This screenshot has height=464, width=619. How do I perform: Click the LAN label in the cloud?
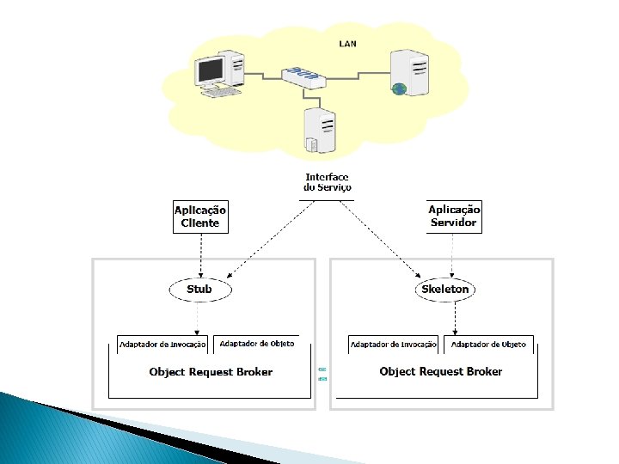(x=348, y=44)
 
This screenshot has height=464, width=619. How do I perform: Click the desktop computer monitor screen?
(x=211, y=70)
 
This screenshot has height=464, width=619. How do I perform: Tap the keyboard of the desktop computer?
(x=221, y=92)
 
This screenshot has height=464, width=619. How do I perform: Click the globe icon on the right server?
(x=399, y=89)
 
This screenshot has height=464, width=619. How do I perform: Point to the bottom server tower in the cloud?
(x=320, y=131)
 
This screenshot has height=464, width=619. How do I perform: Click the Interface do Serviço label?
(x=327, y=182)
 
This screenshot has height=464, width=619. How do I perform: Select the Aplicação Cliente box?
(x=200, y=217)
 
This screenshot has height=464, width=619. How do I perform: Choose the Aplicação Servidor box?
(x=454, y=217)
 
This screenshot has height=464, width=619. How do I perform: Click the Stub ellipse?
(x=200, y=290)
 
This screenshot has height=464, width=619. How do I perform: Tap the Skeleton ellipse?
(x=445, y=290)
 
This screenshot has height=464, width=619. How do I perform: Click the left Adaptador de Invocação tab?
(x=162, y=345)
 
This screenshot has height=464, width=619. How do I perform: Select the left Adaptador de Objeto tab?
(x=256, y=344)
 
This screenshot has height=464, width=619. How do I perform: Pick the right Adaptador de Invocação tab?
(x=393, y=345)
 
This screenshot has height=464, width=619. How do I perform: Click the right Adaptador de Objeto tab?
(x=488, y=345)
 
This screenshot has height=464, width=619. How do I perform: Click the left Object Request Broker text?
(x=211, y=372)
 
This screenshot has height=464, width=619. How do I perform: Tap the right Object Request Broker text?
(x=441, y=372)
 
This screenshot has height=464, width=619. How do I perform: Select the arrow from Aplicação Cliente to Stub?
(x=201, y=256)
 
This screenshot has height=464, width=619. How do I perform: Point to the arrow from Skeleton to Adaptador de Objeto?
(x=455, y=319)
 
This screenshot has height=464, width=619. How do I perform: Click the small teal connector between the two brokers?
(x=322, y=374)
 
